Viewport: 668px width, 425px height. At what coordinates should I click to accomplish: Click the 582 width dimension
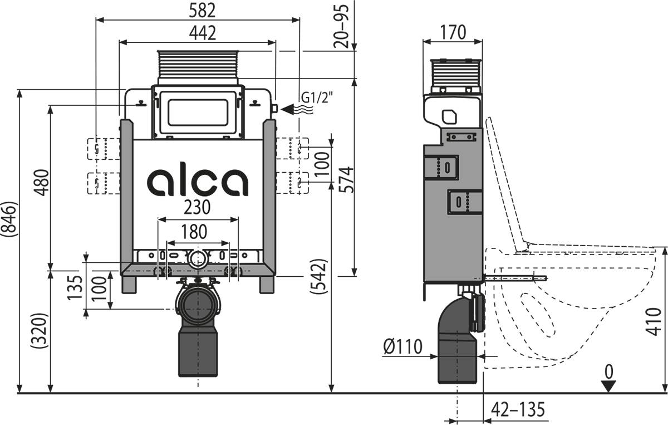[198, 11]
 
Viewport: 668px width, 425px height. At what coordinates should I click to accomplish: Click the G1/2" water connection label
[317, 97]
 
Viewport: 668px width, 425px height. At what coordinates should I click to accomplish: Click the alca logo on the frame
[198, 181]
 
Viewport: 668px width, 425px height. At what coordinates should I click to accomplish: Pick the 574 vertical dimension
[346, 179]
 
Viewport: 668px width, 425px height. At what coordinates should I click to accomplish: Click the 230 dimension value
[198, 208]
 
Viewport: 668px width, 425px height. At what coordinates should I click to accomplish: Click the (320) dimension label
[42, 331]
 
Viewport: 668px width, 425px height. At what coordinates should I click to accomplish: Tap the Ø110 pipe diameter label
[403, 346]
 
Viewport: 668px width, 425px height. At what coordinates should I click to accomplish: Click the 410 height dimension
[658, 321]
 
